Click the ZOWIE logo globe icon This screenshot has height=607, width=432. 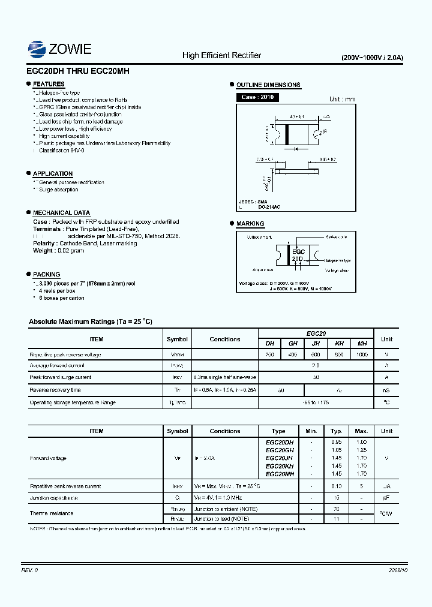point(37,49)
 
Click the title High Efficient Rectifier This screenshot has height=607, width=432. point(221,56)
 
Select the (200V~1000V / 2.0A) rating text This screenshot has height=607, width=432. point(372,58)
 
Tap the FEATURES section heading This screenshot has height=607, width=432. point(49,85)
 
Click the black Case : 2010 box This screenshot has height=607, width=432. point(257,97)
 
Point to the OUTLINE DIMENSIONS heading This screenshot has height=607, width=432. point(268,85)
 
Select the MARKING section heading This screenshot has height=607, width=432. point(250,224)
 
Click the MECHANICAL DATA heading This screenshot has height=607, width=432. point(61,213)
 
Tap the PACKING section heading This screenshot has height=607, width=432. point(46,274)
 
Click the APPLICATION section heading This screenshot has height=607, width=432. point(53,174)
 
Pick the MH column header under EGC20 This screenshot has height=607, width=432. point(362,344)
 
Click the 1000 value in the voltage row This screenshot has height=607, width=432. point(362,354)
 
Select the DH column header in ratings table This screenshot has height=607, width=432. point(269,344)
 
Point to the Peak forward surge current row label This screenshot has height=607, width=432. point(61,377)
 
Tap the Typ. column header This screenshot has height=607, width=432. point(337,431)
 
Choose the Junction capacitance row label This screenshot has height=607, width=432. point(53,498)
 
